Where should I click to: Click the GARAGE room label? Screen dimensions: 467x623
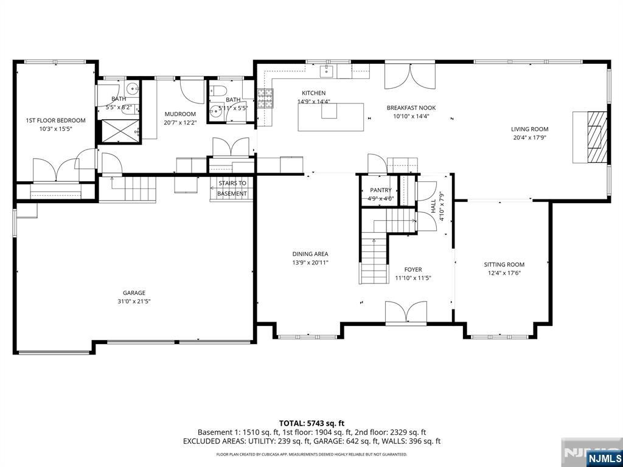pos(134,292)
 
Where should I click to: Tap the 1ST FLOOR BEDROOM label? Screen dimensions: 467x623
pos(55,120)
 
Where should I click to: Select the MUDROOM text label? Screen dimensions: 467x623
pos(181,114)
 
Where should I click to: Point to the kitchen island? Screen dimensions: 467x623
pos(330,117)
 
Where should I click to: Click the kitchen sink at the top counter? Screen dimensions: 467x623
pos(327,72)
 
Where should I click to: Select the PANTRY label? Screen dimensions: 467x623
pos(381,190)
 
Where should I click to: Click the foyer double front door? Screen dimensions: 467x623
pos(406,313)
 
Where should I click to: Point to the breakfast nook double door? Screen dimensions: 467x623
pos(410,75)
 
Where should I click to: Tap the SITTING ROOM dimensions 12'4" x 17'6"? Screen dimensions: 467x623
pos(504,273)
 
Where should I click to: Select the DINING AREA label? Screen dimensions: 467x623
pos(311,254)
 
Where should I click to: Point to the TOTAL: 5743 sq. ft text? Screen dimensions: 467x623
pos(311,423)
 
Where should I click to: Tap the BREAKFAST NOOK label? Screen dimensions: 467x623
pos(411,108)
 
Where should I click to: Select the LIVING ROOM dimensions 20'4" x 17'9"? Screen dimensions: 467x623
pos(529,137)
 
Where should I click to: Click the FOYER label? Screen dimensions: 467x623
pos(412,269)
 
